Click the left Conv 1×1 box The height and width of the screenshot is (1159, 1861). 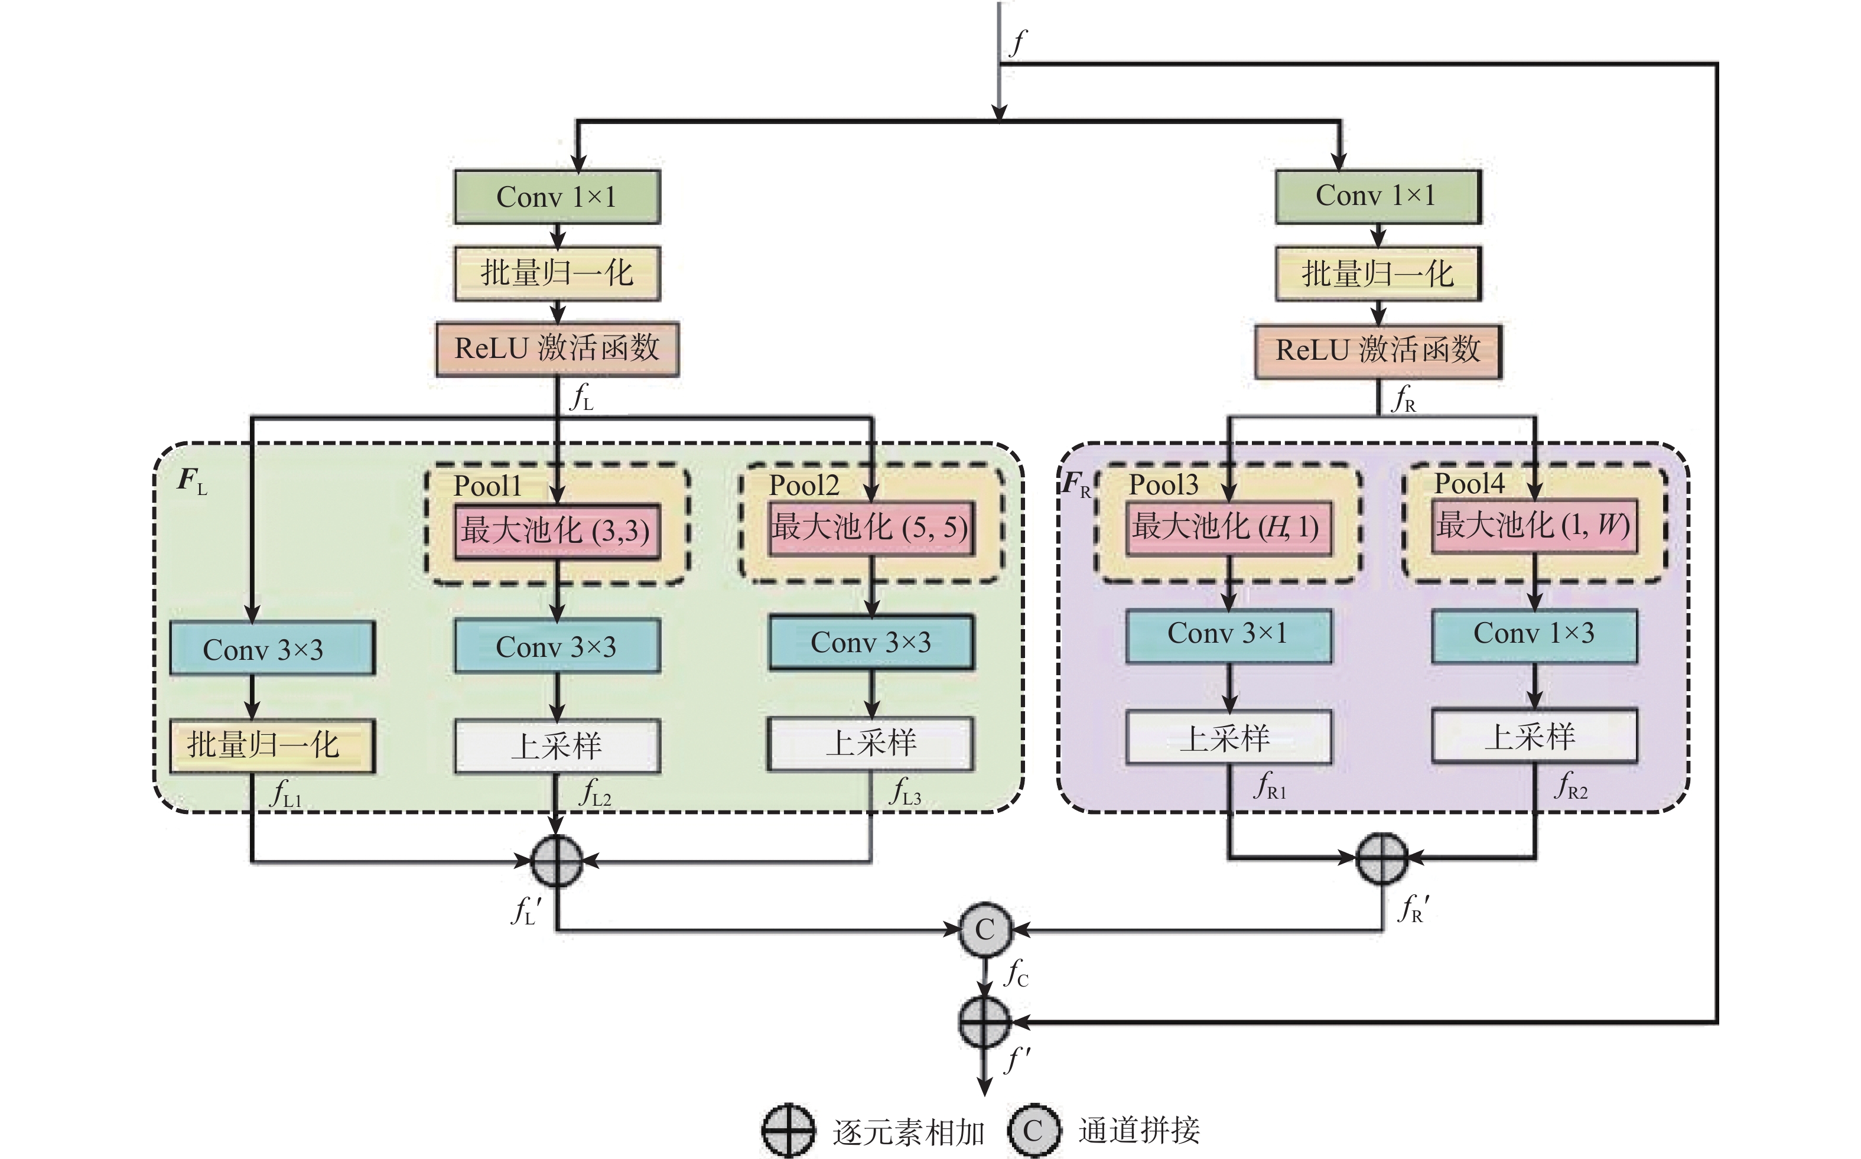[x=557, y=197]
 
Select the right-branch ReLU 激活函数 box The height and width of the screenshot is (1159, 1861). [x=1377, y=351]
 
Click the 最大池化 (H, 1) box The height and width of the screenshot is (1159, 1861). [x=1228, y=526]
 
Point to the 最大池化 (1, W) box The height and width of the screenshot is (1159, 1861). [x=1534, y=525]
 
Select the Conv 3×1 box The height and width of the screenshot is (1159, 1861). [x=1228, y=634]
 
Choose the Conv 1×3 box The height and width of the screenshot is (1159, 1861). [x=1534, y=634]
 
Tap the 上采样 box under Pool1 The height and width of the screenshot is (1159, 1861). [x=557, y=745]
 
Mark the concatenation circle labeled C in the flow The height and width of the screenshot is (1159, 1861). [x=985, y=930]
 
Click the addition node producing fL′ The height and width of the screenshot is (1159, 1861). [x=557, y=861]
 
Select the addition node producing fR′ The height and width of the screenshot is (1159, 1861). [x=1381, y=858]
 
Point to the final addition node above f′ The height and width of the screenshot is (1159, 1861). [x=985, y=1022]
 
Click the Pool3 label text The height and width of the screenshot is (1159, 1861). [x=1163, y=484]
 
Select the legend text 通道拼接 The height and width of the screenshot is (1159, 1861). [x=1139, y=1131]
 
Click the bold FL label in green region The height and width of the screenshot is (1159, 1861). [x=191, y=481]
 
